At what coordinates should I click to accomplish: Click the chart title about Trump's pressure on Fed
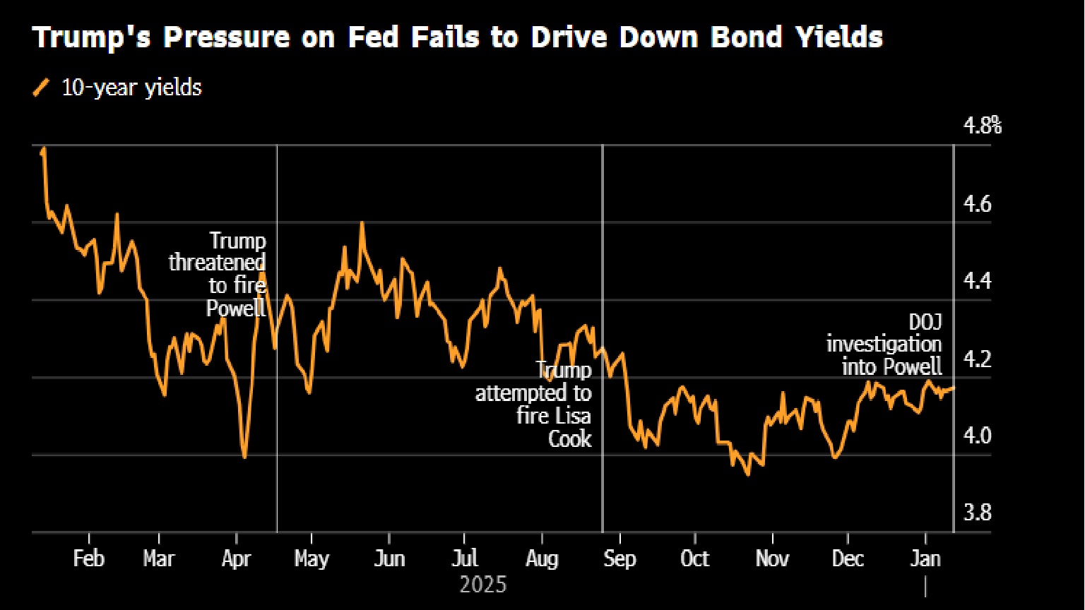457,37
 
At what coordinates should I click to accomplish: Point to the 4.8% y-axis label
983,127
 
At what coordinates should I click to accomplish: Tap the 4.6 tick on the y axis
978,205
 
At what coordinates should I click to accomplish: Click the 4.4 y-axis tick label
978,282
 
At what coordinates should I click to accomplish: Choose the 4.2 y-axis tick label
978,359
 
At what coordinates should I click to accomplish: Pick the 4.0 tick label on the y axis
978,436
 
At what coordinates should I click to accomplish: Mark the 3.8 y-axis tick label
978,513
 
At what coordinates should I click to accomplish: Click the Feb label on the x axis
88,558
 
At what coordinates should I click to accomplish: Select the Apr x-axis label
236,558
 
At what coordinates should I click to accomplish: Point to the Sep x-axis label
619,558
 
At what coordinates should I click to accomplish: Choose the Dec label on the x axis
848,558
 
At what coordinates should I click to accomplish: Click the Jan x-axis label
925,558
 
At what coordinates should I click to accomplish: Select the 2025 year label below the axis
483,585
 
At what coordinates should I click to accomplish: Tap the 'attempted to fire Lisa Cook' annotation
535,404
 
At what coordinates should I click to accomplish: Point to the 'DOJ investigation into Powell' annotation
884,345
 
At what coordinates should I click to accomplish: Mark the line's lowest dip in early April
244,457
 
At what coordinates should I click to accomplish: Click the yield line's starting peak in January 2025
44,149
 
